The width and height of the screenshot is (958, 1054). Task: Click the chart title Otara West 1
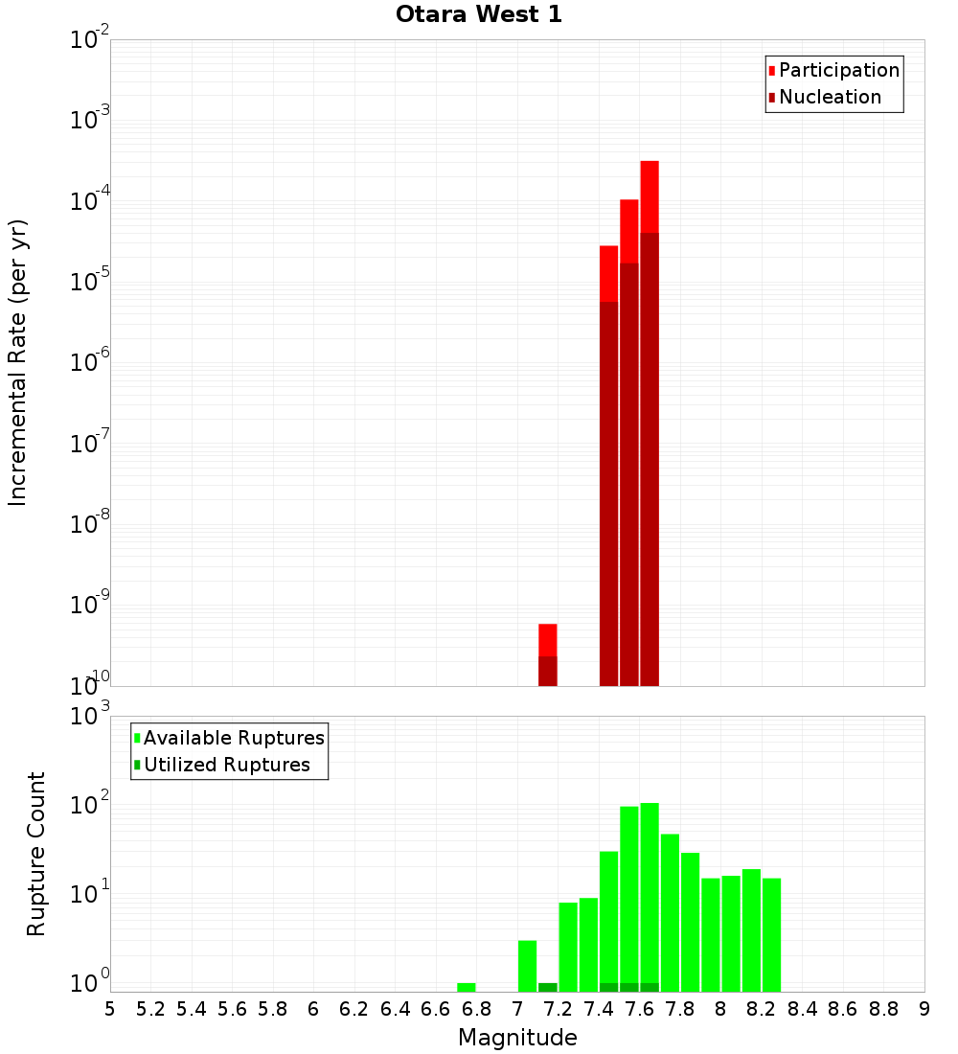click(x=479, y=14)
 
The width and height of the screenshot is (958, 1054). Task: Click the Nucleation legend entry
click(x=829, y=97)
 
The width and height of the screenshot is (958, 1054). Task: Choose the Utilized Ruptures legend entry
click(x=226, y=765)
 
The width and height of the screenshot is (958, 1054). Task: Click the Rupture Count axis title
click(x=36, y=854)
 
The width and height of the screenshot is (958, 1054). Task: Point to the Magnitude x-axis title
click(x=517, y=1038)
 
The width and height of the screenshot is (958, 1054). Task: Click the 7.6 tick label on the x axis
click(x=639, y=1009)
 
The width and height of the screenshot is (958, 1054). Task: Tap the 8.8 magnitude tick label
click(x=883, y=1009)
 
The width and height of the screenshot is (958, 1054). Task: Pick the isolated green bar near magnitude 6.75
click(x=467, y=987)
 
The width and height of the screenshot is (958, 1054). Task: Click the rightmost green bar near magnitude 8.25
click(x=771, y=934)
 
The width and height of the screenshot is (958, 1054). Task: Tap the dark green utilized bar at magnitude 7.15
click(x=548, y=987)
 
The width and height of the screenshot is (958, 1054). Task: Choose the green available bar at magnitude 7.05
click(x=527, y=966)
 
